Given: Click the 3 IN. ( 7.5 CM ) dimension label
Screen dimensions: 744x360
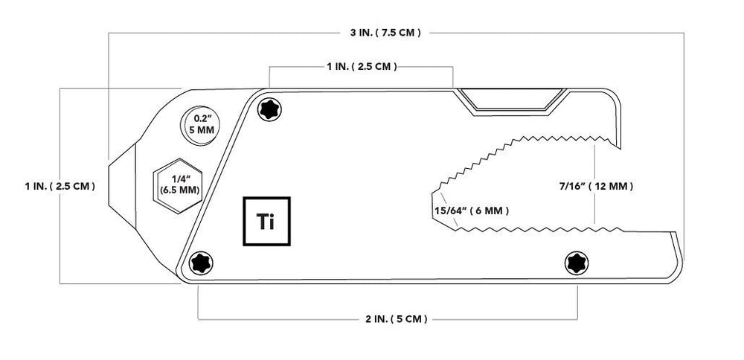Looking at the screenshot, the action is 385,33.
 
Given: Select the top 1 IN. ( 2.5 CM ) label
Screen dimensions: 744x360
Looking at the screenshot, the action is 362,66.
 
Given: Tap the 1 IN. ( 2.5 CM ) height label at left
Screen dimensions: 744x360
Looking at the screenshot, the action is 60,186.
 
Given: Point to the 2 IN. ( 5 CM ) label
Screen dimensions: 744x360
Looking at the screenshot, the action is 397,319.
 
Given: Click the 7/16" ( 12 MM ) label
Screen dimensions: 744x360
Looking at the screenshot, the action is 596,187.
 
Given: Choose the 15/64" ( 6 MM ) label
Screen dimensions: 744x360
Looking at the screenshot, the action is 472,210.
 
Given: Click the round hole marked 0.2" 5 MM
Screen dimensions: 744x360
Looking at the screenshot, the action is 199,126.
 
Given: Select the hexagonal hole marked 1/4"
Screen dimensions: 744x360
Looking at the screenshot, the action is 178,185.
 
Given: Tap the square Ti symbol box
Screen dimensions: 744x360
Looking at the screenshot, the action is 266,221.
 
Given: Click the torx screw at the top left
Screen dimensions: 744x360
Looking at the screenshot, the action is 269,109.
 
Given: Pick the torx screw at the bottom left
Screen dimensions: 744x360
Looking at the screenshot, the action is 201,263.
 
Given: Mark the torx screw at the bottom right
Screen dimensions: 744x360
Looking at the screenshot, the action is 577,263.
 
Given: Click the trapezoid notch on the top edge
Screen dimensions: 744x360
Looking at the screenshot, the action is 511,101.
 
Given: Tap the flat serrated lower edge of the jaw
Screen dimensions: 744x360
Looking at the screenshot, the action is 539,229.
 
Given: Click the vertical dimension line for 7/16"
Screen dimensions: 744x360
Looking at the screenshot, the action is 595,184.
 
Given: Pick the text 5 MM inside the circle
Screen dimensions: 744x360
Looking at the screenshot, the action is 199,129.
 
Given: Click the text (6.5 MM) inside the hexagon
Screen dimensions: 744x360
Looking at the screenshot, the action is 179,190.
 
